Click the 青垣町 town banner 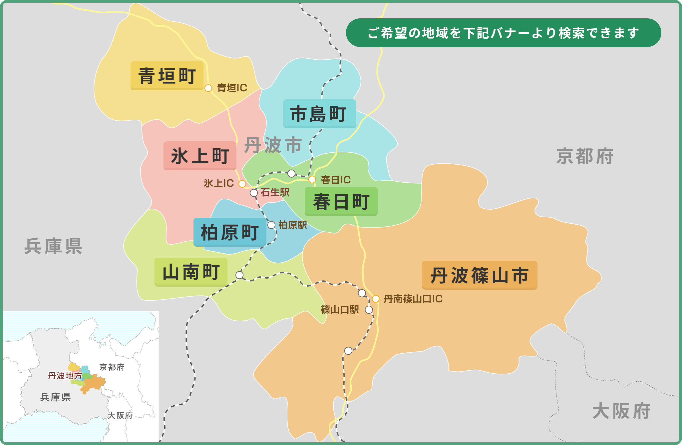(167, 76)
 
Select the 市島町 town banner (319, 114)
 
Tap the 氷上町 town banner (200, 156)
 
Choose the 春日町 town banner (341, 201)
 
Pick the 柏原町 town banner (230, 232)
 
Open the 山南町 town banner (191, 272)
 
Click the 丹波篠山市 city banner (480, 275)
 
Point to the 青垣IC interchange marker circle (208, 88)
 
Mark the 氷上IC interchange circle (242, 184)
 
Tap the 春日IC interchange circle (312, 180)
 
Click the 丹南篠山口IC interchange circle (376, 299)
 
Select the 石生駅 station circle (254, 193)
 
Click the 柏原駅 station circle (271, 225)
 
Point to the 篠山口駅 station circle (369, 310)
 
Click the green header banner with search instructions (503, 33)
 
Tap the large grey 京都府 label (585, 156)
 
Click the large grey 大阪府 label (621, 411)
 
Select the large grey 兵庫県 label (53, 246)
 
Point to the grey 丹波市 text (273, 145)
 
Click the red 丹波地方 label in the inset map (65, 376)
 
